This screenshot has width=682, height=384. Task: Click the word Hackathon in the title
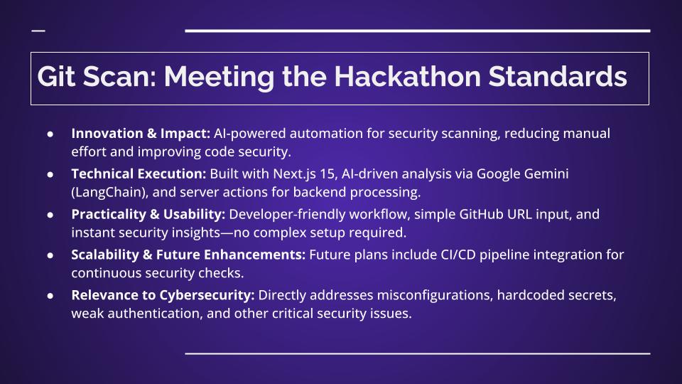(x=407, y=76)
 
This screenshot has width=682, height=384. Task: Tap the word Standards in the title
(x=558, y=76)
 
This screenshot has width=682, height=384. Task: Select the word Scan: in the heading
(x=119, y=77)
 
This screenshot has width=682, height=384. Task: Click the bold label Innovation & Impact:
(x=141, y=133)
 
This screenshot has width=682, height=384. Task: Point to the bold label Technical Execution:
(x=139, y=174)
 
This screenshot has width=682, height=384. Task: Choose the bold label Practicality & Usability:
(x=148, y=214)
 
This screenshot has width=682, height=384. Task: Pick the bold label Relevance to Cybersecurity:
(x=163, y=295)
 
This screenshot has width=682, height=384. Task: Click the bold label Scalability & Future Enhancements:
(x=188, y=255)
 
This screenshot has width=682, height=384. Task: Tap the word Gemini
(x=546, y=174)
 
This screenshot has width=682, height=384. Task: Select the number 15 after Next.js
(x=327, y=174)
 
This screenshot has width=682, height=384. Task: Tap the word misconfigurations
(x=435, y=295)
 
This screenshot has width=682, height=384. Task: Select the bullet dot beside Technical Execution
(x=50, y=175)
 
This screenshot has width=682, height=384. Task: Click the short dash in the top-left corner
(x=38, y=31)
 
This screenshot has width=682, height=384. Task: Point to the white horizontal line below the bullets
(x=418, y=353)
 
